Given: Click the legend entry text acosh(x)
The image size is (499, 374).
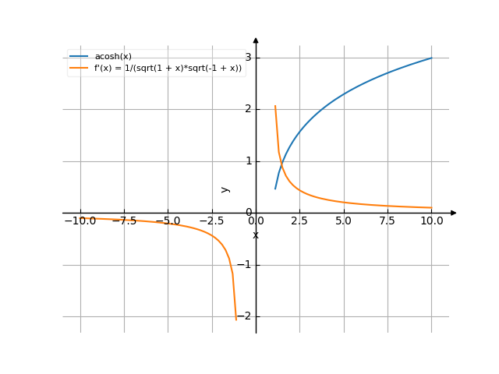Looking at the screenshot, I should [113, 56].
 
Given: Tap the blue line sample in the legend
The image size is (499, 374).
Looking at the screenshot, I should [79, 56].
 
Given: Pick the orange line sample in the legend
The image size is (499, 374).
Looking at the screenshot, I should [79, 68].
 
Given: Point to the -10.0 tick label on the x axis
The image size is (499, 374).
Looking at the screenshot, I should [80, 221].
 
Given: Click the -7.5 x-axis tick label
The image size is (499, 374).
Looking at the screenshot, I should [124, 221].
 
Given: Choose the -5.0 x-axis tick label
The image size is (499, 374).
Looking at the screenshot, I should [168, 221].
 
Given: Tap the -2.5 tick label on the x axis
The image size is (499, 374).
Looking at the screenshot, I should [211, 221].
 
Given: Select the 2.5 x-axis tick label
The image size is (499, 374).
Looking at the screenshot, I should [299, 221].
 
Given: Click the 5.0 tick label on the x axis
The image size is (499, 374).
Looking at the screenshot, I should [344, 221].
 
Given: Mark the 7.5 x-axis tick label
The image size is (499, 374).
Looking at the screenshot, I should [388, 221].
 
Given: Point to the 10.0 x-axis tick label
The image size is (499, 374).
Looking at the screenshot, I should [431, 221].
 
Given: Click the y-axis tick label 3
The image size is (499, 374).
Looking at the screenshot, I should [248, 58].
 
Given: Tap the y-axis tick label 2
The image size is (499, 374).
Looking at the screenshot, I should [248, 109].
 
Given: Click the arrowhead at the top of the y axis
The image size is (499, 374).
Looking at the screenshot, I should [256, 40].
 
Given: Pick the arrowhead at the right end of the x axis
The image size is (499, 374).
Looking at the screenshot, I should [453, 213].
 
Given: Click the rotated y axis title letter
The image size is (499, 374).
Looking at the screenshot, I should [225, 189].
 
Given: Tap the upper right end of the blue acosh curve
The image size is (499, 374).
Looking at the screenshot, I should [431, 58].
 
